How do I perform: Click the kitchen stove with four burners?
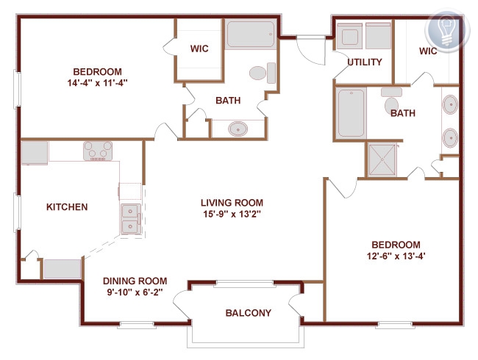coord(98,151)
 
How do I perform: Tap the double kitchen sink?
coord(131,219)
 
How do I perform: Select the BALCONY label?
coord(248,313)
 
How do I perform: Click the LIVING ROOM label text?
coord(232,203)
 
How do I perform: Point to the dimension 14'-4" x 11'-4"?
coord(97,83)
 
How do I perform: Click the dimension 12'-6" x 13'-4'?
coord(396,256)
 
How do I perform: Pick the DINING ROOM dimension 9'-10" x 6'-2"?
coord(135,292)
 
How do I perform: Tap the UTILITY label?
coord(365,62)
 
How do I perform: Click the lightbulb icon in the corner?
coord(446,30)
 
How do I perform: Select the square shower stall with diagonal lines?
coord(382,159)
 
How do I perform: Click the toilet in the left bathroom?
coord(263,73)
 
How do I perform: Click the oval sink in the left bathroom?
coord(238,129)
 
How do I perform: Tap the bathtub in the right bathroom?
coord(352,113)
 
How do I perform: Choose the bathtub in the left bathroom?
coord(251,34)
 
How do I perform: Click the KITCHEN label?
coord(67,207)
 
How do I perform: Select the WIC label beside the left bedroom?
coord(199,48)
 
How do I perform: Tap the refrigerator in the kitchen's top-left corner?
coord(35,153)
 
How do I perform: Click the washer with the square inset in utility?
coord(349,36)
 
